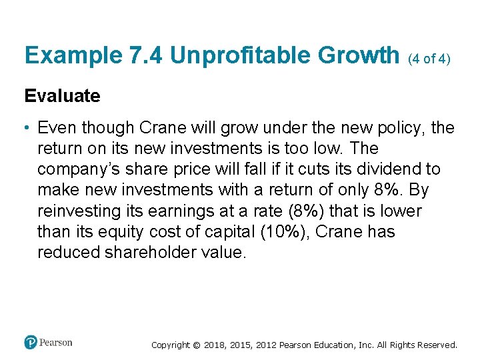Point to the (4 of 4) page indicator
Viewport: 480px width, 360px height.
429,59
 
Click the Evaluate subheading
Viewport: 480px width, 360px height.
62,96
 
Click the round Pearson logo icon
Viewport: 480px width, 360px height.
31,343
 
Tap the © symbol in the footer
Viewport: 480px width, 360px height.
196,345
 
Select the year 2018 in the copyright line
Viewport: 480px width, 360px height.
215,345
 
